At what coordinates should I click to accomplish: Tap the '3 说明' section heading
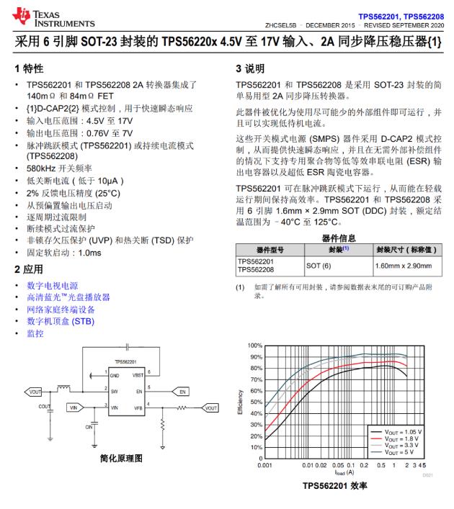click(x=251, y=69)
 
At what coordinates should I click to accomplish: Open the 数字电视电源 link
click(x=53, y=286)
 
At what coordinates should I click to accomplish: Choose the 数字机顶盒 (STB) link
click(x=61, y=321)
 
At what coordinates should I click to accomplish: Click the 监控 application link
click(x=35, y=333)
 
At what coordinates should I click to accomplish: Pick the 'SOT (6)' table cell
click(x=319, y=266)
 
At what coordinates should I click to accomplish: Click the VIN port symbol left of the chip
click(x=74, y=407)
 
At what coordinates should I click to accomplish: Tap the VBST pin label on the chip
click(x=137, y=375)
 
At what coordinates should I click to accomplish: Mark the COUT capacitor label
click(x=44, y=406)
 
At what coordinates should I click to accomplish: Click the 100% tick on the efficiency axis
click(x=256, y=346)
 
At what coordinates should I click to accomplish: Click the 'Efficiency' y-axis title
click(x=241, y=402)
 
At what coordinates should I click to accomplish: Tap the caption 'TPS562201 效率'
click(x=337, y=486)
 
